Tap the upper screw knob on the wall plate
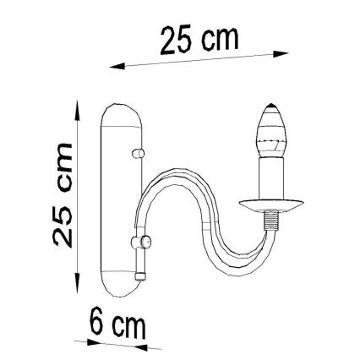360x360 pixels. pyautogui.click(x=136, y=155)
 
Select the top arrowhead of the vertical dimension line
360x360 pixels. pyautogui.click(x=78, y=108)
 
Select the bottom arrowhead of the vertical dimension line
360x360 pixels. pyautogui.click(x=78, y=287)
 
